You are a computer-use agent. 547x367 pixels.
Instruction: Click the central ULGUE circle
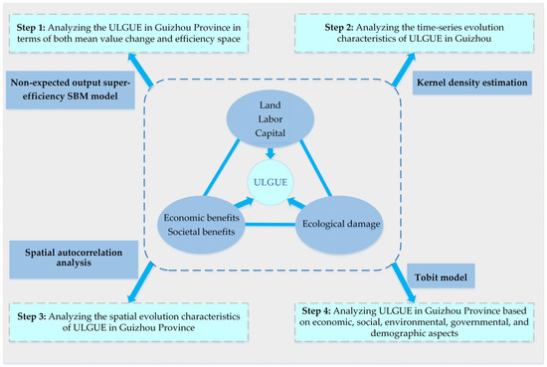pos(273,178)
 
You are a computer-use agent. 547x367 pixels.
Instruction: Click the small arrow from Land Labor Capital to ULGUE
pos(273,152)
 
